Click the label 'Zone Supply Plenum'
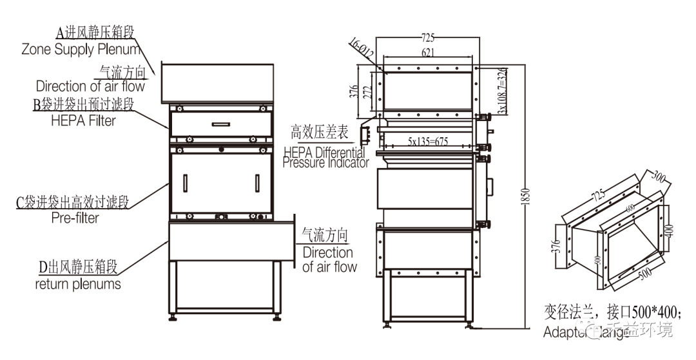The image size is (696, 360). [81, 49]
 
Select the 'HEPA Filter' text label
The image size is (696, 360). [83, 120]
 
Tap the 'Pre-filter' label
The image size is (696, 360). [75, 218]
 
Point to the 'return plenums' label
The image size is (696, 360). [78, 283]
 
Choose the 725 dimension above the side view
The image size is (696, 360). [427, 37]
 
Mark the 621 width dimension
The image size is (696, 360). [427, 53]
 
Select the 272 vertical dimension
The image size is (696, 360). [367, 92]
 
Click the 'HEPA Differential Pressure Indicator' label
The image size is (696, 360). [326, 158]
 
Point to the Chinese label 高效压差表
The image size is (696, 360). [320, 133]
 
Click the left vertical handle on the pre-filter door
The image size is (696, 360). [185, 183]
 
